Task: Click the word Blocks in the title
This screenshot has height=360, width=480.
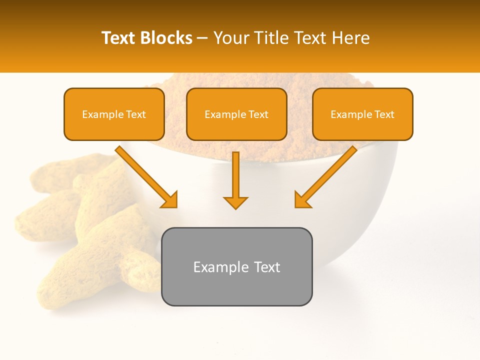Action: [167, 38]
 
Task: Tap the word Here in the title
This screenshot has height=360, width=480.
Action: [351, 38]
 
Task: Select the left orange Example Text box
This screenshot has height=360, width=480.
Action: [114, 114]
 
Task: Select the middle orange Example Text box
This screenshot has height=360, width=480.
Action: [236, 114]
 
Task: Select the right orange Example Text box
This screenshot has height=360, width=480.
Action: [362, 114]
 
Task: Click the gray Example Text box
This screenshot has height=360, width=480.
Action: [236, 266]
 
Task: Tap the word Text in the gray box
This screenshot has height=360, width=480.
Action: [267, 267]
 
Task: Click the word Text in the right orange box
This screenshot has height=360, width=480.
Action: [384, 114]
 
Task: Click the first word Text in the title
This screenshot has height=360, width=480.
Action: [119, 38]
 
